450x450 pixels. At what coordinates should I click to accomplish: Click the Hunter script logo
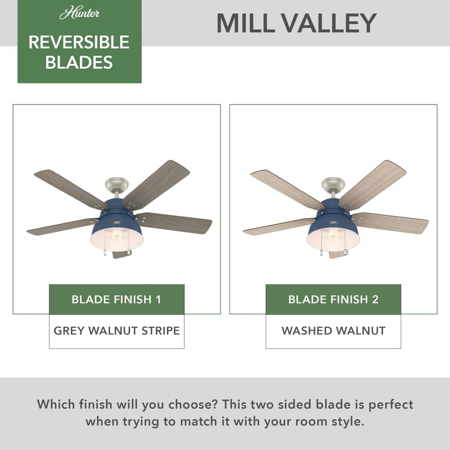[79, 13]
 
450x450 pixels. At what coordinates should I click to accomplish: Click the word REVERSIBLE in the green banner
[79, 42]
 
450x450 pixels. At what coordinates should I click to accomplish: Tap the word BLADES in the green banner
[79, 62]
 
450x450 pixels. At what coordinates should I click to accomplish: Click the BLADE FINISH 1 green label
[116, 299]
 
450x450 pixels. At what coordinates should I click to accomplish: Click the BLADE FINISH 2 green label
[333, 299]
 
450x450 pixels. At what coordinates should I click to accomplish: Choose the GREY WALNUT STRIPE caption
[116, 331]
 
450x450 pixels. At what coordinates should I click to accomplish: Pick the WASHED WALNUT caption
[333, 331]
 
